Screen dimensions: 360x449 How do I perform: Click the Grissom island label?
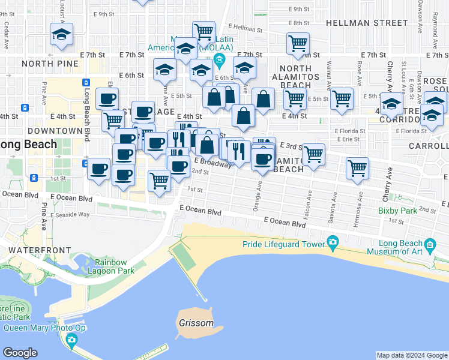[x=196, y=323]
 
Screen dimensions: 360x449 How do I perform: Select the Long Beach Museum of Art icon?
[x=430, y=245]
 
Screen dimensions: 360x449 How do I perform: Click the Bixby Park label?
[x=397, y=211]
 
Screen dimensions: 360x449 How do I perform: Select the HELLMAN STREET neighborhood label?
[x=367, y=23]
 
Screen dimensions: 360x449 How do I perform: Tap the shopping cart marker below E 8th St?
[x=298, y=43]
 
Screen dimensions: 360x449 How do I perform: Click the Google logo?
[x=20, y=353]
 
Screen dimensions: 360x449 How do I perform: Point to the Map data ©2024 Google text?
[x=412, y=355]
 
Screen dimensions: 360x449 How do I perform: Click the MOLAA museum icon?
[x=218, y=59]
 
